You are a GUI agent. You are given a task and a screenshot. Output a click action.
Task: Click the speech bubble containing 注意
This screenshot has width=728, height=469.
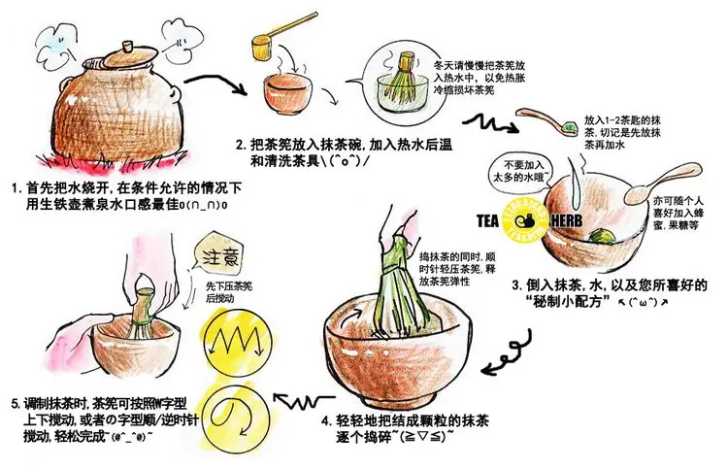218,255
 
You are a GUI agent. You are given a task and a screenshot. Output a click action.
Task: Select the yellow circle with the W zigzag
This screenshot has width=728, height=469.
232,339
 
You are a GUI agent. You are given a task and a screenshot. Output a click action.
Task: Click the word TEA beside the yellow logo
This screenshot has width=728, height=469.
487,221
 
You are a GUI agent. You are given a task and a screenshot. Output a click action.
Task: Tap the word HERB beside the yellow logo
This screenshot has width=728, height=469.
566,221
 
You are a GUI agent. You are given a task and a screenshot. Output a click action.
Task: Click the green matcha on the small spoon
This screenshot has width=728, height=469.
569,126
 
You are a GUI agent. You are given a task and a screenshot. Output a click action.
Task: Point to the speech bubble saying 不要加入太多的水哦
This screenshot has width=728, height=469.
521,171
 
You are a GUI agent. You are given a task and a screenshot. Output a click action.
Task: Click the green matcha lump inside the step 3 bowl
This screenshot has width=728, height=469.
601,235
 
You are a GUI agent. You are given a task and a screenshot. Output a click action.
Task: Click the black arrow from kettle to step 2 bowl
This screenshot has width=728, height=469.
215,84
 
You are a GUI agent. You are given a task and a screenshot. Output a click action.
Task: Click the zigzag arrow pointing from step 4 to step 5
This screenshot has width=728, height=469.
304,400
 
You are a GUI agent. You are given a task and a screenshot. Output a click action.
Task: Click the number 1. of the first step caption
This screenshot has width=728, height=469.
17,189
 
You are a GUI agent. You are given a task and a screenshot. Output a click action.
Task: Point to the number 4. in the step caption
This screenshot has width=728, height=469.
326,421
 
